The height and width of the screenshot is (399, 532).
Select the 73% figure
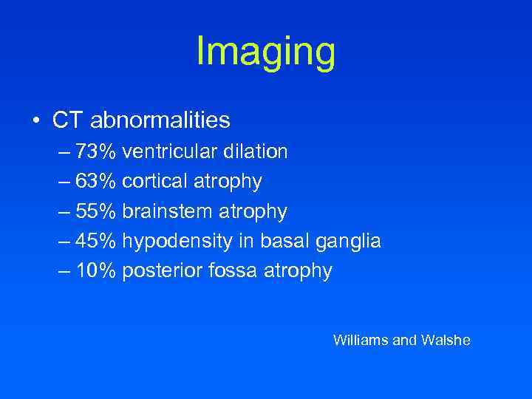[96, 152]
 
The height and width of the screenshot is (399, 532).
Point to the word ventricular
[169, 152]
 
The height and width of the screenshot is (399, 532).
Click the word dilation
[254, 152]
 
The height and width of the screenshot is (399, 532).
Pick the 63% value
[96, 182]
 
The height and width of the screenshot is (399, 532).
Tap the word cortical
[157, 182]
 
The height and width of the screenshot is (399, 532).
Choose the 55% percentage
[96, 212]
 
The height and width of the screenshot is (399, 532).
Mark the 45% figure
[96, 242]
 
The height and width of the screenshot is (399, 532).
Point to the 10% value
[96, 271]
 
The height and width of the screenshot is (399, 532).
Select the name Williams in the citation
[360, 341]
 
